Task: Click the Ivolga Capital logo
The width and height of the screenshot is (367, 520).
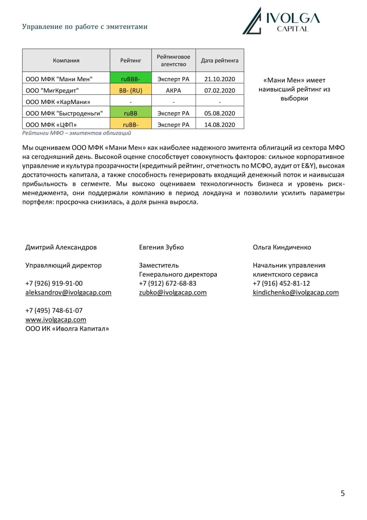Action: tap(281, 20)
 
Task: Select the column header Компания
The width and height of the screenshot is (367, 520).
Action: tap(66, 61)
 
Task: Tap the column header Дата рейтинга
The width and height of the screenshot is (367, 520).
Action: tap(220, 61)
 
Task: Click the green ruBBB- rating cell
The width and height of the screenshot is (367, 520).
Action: tap(131, 79)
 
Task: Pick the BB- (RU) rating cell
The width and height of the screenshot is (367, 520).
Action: tap(131, 90)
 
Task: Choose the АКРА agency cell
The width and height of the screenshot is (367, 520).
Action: tap(173, 90)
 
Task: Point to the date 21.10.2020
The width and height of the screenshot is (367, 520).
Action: tap(220, 79)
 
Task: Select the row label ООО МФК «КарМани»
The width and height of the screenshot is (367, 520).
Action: tap(58, 102)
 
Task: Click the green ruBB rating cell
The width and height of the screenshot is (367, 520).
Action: tap(131, 113)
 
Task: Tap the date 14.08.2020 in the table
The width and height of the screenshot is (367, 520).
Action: tap(220, 125)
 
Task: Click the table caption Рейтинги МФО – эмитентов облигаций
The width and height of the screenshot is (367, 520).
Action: tap(77, 133)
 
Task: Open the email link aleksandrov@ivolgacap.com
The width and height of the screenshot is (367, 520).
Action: tap(68, 292)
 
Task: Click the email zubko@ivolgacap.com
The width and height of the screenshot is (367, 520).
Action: tap(173, 292)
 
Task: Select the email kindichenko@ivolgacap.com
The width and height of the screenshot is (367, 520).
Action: tap(296, 292)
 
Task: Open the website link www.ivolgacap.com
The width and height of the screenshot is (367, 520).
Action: tap(56, 320)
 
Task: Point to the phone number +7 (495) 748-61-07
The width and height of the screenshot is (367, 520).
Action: tap(54, 310)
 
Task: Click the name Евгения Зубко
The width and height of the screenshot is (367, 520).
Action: tap(161, 247)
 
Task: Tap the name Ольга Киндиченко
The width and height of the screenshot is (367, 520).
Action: tap(282, 247)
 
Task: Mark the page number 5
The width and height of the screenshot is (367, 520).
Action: tap(343, 494)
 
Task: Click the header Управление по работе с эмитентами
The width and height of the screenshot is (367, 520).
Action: tap(85, 27)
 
